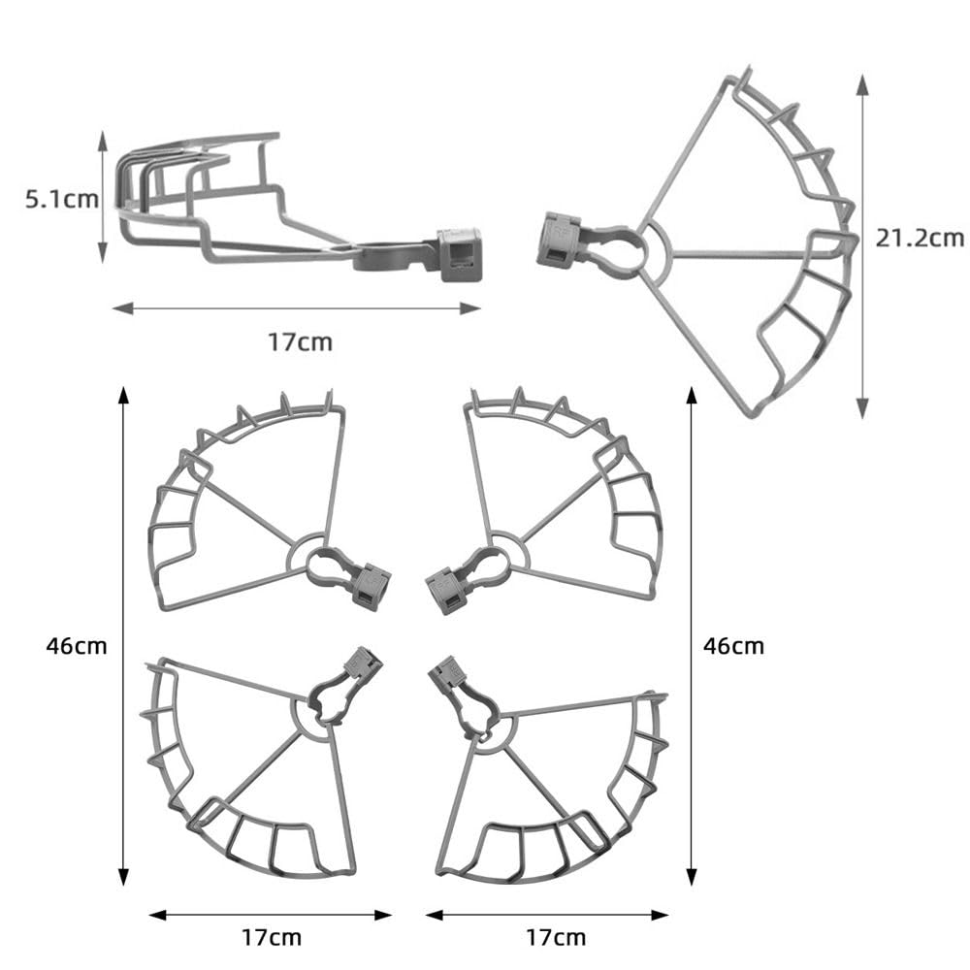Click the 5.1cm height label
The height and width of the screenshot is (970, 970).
pos(62,199)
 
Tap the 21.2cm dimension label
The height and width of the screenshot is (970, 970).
pos(920,239)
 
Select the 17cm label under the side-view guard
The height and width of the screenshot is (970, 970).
pos(300,342)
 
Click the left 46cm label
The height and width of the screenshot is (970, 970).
pos(76,646)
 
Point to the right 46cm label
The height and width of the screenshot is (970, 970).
pos(733,646)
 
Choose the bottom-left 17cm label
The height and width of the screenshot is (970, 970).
pos(271,937)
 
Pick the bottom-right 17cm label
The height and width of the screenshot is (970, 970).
pos(556,937)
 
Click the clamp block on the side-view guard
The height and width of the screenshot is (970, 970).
pos(459,254)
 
